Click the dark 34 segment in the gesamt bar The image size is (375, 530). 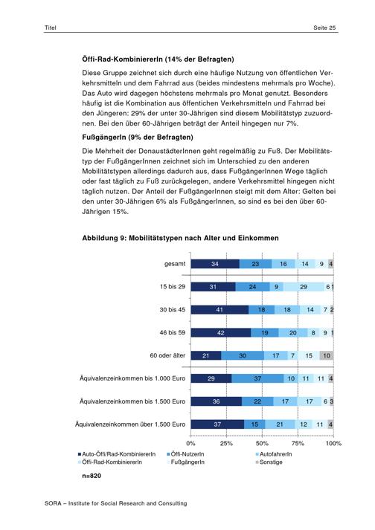click(x=215, y=264)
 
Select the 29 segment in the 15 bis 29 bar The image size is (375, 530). click(x=304, y=287)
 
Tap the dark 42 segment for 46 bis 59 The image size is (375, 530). click(x=221, y=332)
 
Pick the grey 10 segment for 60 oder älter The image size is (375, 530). click(x=326, y=355)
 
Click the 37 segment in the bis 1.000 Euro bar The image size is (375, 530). click(x=257, y=378)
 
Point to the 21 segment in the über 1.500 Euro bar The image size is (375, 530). click(x=280, y=424)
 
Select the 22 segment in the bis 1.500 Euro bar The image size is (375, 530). click(x=257, y=401)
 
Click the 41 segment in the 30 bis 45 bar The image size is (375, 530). click(x=219, y=310)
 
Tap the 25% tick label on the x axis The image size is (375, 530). click(x=226, y=444)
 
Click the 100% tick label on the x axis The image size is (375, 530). click(x=333, y=444)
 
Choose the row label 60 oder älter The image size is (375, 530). click(x=167, y=355)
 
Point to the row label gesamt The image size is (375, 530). click(x=175, y=264)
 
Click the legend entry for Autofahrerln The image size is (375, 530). click(x=274, y=454)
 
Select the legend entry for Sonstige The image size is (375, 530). click(x=269, y=462)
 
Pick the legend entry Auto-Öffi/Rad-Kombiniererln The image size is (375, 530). click(x=117, y=454)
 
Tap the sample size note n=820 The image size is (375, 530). click(x=92, y=476)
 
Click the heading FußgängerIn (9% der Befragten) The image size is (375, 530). click(x=138, y=138)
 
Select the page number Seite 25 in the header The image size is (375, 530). click(x=324, y=28)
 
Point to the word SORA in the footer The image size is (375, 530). click(x=53, y=503)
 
